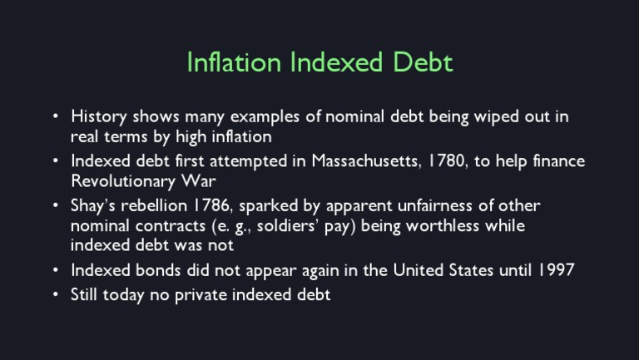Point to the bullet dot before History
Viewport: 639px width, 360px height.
click(x=55, y=116)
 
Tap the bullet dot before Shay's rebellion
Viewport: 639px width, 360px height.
click(x=55, y=205)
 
